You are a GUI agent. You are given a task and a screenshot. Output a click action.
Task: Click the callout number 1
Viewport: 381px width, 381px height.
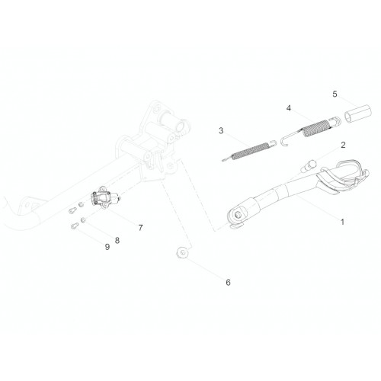click(x=342, y=222)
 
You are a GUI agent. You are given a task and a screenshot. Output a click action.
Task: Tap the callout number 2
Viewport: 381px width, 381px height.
click(x=343, y=145)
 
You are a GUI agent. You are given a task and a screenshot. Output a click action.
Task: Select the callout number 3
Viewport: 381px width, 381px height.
click(x=221, y=131)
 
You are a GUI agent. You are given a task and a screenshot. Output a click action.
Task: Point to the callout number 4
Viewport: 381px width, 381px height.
click(x=289, y=108)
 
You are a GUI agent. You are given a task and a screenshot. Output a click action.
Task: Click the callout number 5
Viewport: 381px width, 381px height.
click(x=335, y=94)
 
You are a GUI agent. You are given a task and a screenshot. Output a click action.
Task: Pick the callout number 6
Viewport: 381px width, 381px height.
click(x=228, y=282)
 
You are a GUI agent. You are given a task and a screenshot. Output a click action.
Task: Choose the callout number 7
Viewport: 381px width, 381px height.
click(x=140, y=228)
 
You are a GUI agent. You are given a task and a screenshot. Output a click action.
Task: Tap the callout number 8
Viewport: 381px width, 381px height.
click(x=117, y=240)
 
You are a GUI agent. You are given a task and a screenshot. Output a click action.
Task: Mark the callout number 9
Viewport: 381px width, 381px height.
click(x=107, y=247)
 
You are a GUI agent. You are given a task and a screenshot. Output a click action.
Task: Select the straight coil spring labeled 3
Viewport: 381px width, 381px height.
click(x=249, y=151)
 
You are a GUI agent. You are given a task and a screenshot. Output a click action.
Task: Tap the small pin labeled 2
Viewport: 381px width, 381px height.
click(x=308, y=165)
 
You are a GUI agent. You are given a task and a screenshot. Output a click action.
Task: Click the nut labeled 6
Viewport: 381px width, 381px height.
click(x=183, y=253)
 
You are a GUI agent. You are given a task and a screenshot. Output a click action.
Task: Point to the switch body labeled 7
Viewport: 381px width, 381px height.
click(x=104, y=198)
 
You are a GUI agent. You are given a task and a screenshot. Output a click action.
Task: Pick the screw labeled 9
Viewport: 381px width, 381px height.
click(x=74, y=226)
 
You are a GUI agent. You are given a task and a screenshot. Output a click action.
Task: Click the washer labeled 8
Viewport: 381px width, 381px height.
click(x=83, y=220)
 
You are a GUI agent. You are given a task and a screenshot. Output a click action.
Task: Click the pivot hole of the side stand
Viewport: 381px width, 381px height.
click(x=239, y=215)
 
